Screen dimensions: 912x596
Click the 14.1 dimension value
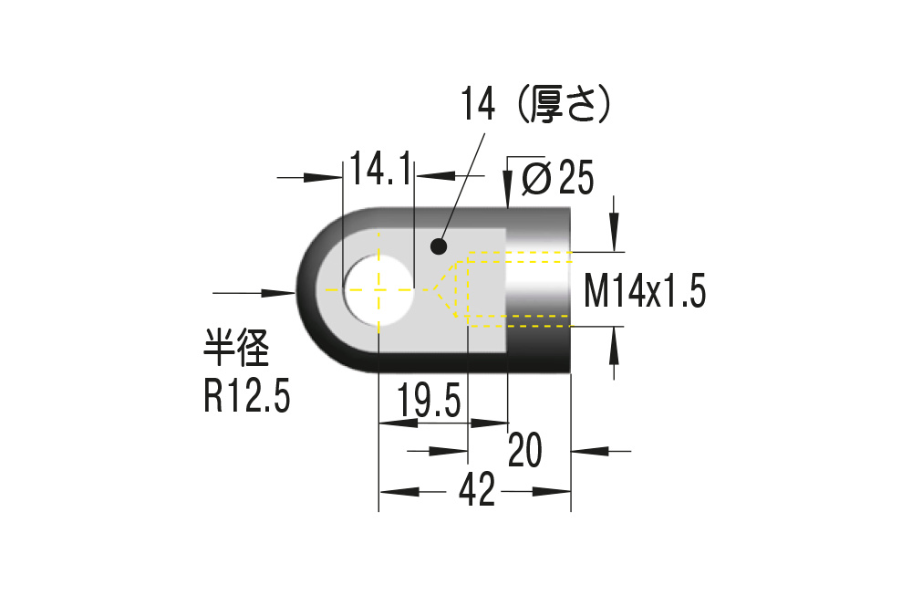(381, 169)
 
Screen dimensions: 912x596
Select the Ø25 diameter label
(558, 177)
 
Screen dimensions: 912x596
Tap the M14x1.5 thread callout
(645, 291)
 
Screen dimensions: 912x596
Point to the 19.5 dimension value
(429, 401)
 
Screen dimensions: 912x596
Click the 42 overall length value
(477, 489)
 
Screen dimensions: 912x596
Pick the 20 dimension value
(525, 449)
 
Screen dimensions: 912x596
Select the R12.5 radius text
(246, 396)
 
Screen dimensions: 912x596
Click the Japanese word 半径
(236, 348)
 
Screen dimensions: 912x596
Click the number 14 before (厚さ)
(478, 105)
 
